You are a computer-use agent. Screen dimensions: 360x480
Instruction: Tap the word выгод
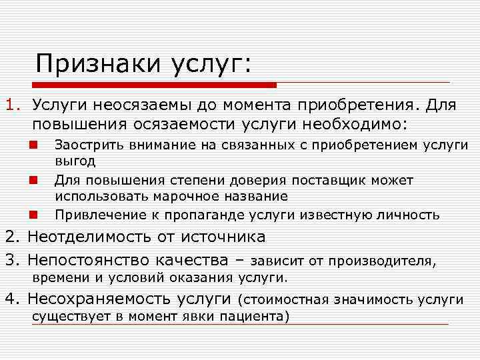point(75,161)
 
